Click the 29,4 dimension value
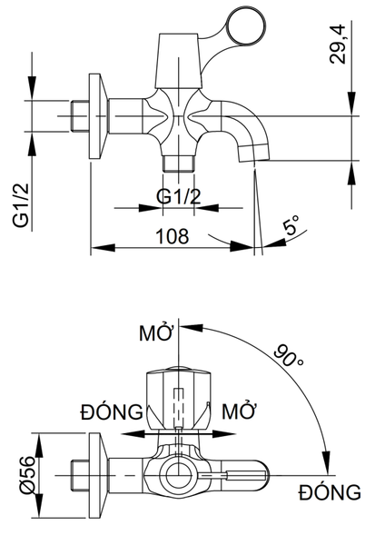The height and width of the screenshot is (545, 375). [x=338, y=44]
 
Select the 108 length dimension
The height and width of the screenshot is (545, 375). [x=173, y=236]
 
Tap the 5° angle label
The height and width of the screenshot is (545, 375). [x=291, y=225]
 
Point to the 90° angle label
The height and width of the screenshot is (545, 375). [x=288, y=355]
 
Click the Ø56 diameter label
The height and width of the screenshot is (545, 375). [x=28, y=475]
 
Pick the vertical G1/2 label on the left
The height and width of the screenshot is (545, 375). [x=21, y=206]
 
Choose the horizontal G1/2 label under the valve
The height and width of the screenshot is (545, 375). [x=179, y=197]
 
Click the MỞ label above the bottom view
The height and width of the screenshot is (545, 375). [x=156, y=332]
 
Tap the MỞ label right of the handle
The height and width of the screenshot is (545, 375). [x=239, y=411]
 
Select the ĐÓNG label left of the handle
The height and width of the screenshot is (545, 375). [x=112, y=411]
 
